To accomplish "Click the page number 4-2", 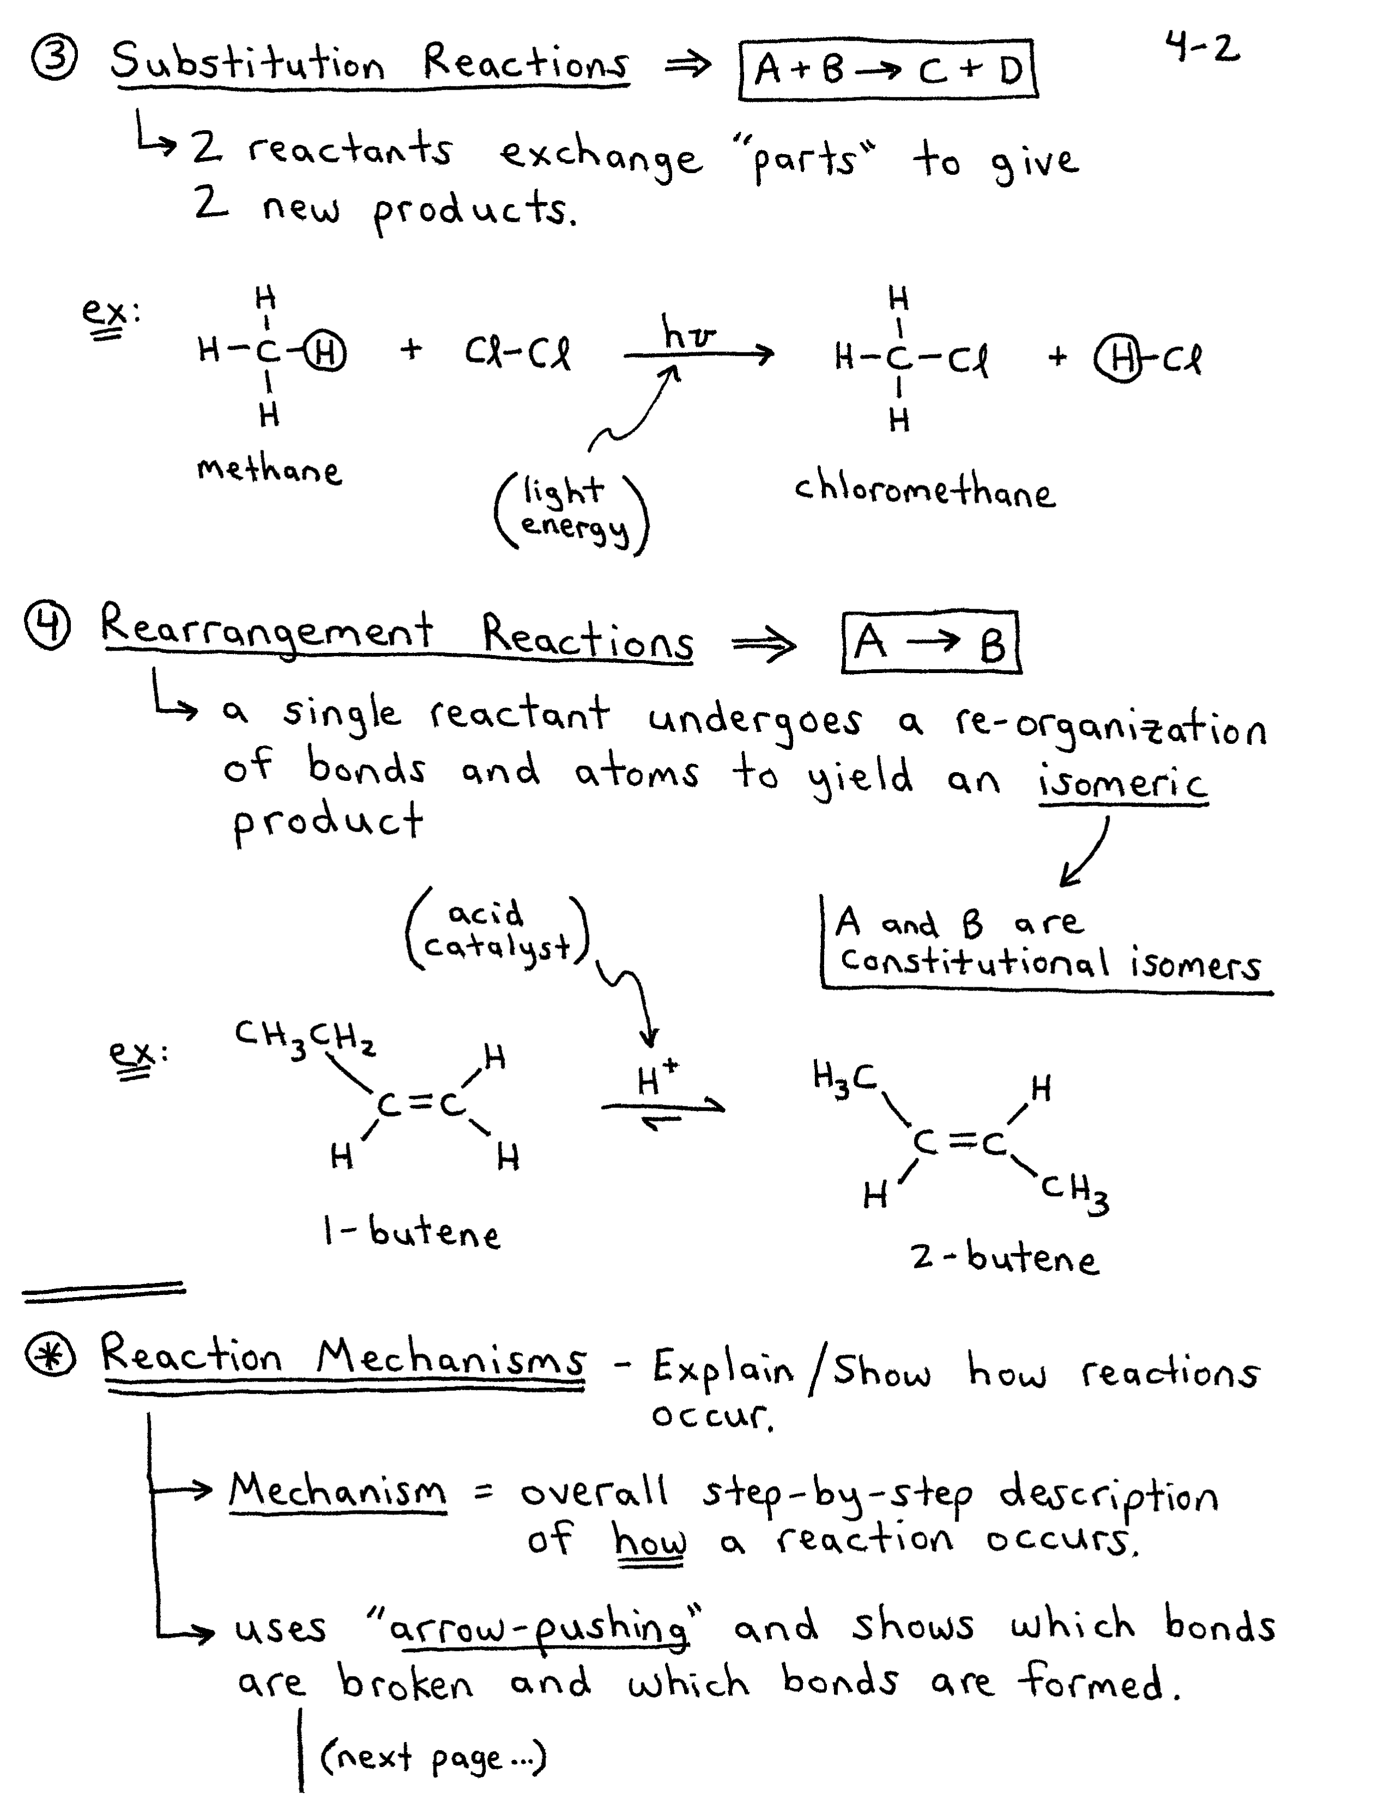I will (x=1202, y=48).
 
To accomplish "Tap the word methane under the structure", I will (x=268, y=470).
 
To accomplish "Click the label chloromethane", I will (x=923, y=491).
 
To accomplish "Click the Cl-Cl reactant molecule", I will (x=517, y=354).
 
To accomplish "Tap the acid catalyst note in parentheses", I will (x=497, y=931).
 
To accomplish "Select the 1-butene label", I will (x=411, y=1232).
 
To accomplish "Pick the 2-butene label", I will (x=1004, y=1257).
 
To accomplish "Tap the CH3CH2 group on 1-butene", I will (x=304, y=1037).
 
